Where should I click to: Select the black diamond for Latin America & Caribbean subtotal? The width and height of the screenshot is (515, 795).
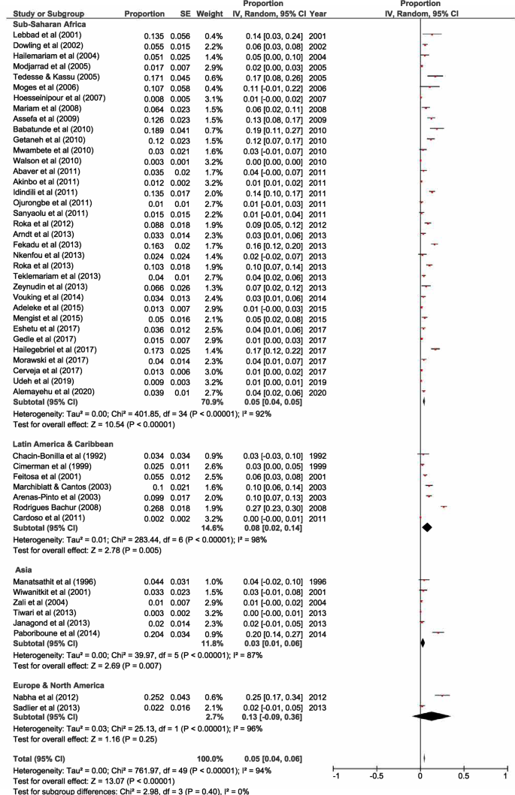pos(427,528)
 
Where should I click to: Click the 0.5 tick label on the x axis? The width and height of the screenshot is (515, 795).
pos(462,775)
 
